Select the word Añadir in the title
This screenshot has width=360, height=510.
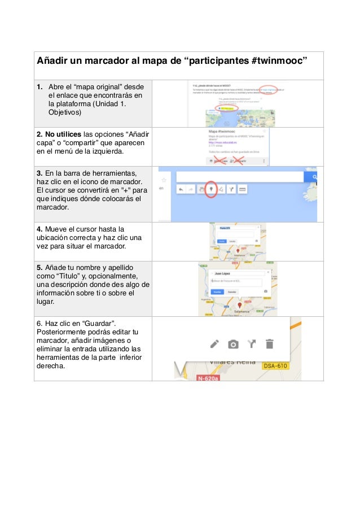(54, 60)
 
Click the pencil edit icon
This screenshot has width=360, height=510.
(214, 343)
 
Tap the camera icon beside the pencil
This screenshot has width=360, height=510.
(232, 343)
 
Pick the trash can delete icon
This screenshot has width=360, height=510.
(270, 343)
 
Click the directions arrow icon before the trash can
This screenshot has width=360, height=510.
(251, 343)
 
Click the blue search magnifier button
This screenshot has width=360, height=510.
(310, 177)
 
